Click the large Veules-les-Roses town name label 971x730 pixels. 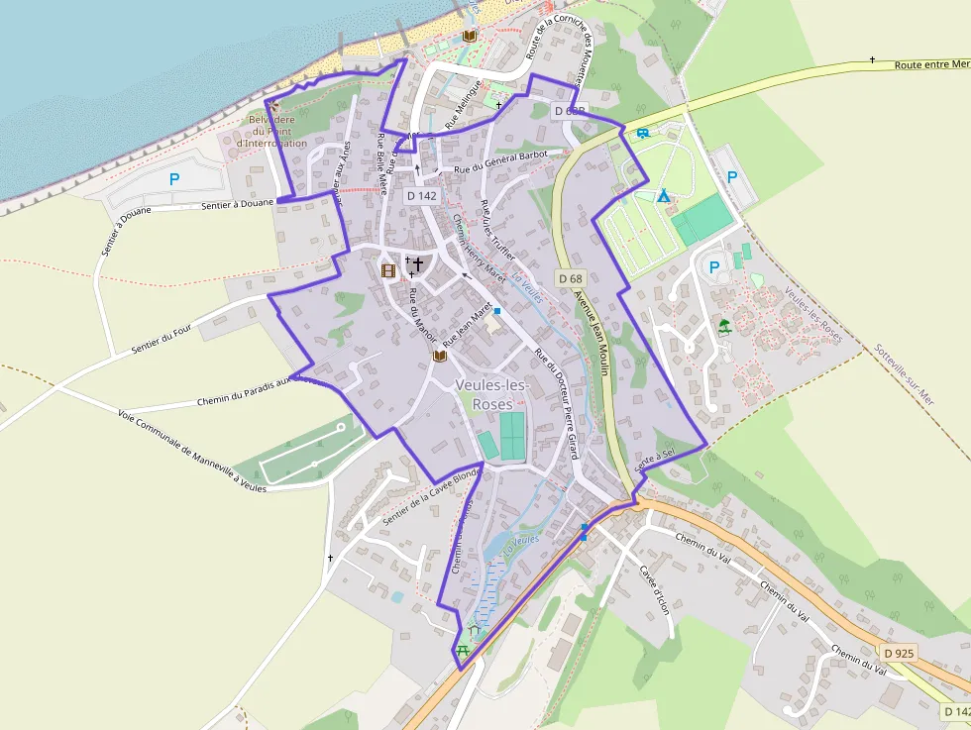(x=493, y=394)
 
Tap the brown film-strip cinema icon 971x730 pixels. (x=387, y=270)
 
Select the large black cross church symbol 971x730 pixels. (x=418, y=264)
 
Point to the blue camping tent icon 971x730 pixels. (x=663, y=196)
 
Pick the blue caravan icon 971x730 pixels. (x=642, y=133)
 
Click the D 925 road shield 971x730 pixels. (x=899, y=653)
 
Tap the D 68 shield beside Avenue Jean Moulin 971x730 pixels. (x=569, y=279)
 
